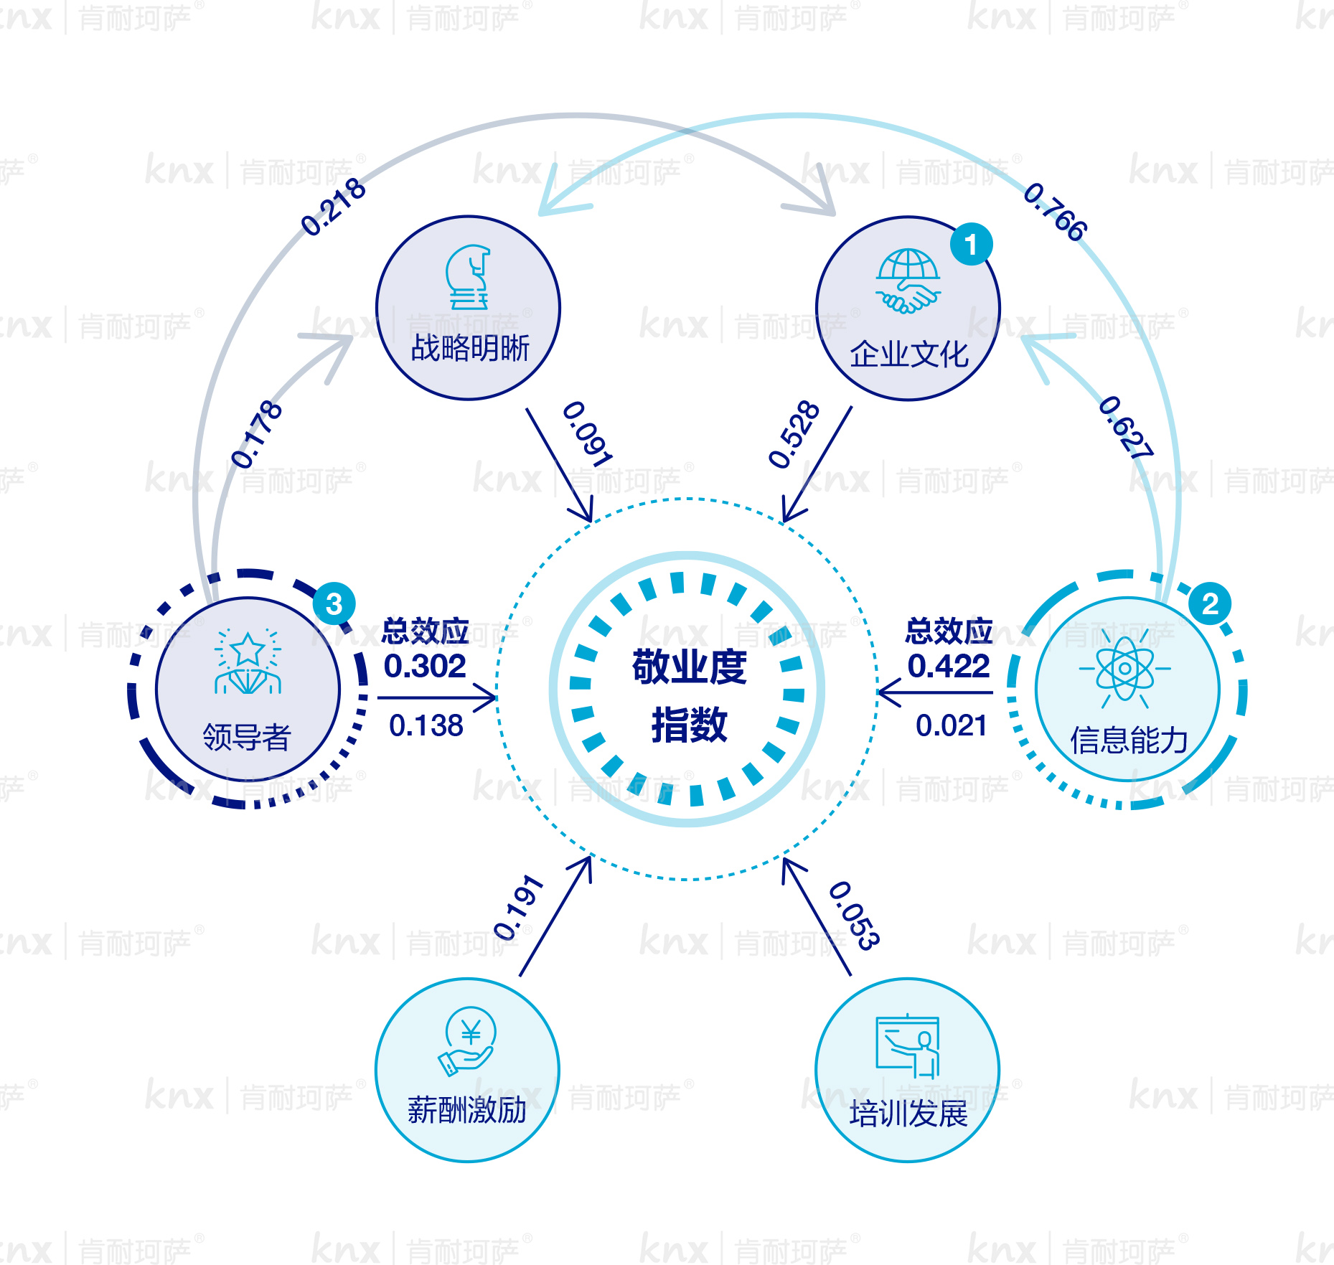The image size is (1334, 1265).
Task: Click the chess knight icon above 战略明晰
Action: (x=468, y=277)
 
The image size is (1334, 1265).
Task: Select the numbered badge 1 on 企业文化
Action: (x=971, y=245)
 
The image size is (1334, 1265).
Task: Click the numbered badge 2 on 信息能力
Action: (x=1210, y=603)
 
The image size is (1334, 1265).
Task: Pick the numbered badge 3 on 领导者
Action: (x=334, y=603)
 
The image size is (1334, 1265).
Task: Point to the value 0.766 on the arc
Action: (x=1055, y=212)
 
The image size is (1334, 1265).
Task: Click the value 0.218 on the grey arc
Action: (x=333, y=207)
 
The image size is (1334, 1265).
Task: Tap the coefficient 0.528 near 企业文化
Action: (x=794, y=434)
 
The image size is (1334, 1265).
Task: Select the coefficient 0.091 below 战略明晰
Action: (x=587, y=433)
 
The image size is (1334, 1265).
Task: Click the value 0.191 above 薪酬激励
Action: (x=518, y=907)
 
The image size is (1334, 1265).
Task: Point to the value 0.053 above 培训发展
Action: (x=854, y=915)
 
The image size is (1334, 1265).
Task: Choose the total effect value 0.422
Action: (x=949, y=666)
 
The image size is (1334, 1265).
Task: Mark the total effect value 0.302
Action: (x=425, y=666)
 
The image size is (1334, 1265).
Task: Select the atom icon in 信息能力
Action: (x=1125, y=669)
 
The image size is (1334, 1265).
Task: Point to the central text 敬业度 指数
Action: (x=689, y=695)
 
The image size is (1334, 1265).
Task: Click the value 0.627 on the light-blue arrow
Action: (x=1125, y=427)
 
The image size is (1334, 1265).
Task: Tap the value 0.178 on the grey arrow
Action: (x=256, y=434)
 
